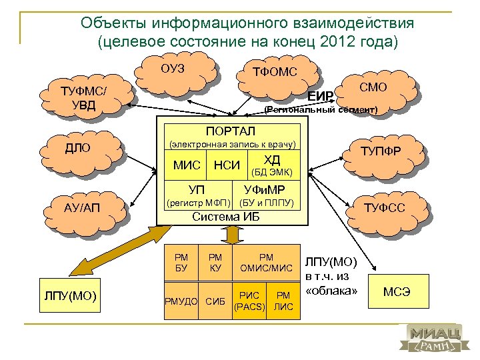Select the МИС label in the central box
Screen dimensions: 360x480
(187, 165)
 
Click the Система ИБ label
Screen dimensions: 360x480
(225, 217)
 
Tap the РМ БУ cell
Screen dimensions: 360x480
(181, 262)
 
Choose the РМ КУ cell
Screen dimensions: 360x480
(215, 262)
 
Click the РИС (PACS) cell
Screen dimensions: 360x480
(249, 301)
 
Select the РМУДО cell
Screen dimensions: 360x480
(181, 301)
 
